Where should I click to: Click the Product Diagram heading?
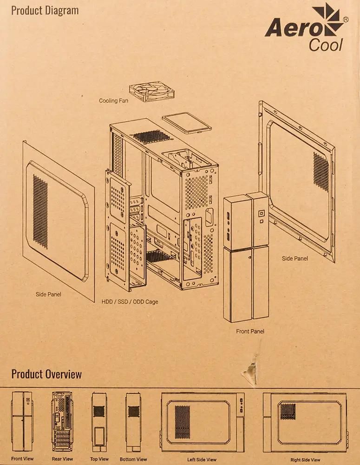45,10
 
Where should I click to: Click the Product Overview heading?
46,374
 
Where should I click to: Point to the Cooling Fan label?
114,100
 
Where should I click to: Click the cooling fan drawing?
151,92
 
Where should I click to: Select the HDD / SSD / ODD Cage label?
130,302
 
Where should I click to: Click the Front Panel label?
250,332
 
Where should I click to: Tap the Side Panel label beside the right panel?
295,258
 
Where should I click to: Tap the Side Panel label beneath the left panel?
48,294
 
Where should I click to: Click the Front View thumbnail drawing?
22,421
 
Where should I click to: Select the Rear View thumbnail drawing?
62,421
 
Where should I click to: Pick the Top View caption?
100,459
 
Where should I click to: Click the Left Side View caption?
202,459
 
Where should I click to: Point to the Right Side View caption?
305,459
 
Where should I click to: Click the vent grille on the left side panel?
40,211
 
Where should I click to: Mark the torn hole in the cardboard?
251,370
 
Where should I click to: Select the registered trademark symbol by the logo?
345,20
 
